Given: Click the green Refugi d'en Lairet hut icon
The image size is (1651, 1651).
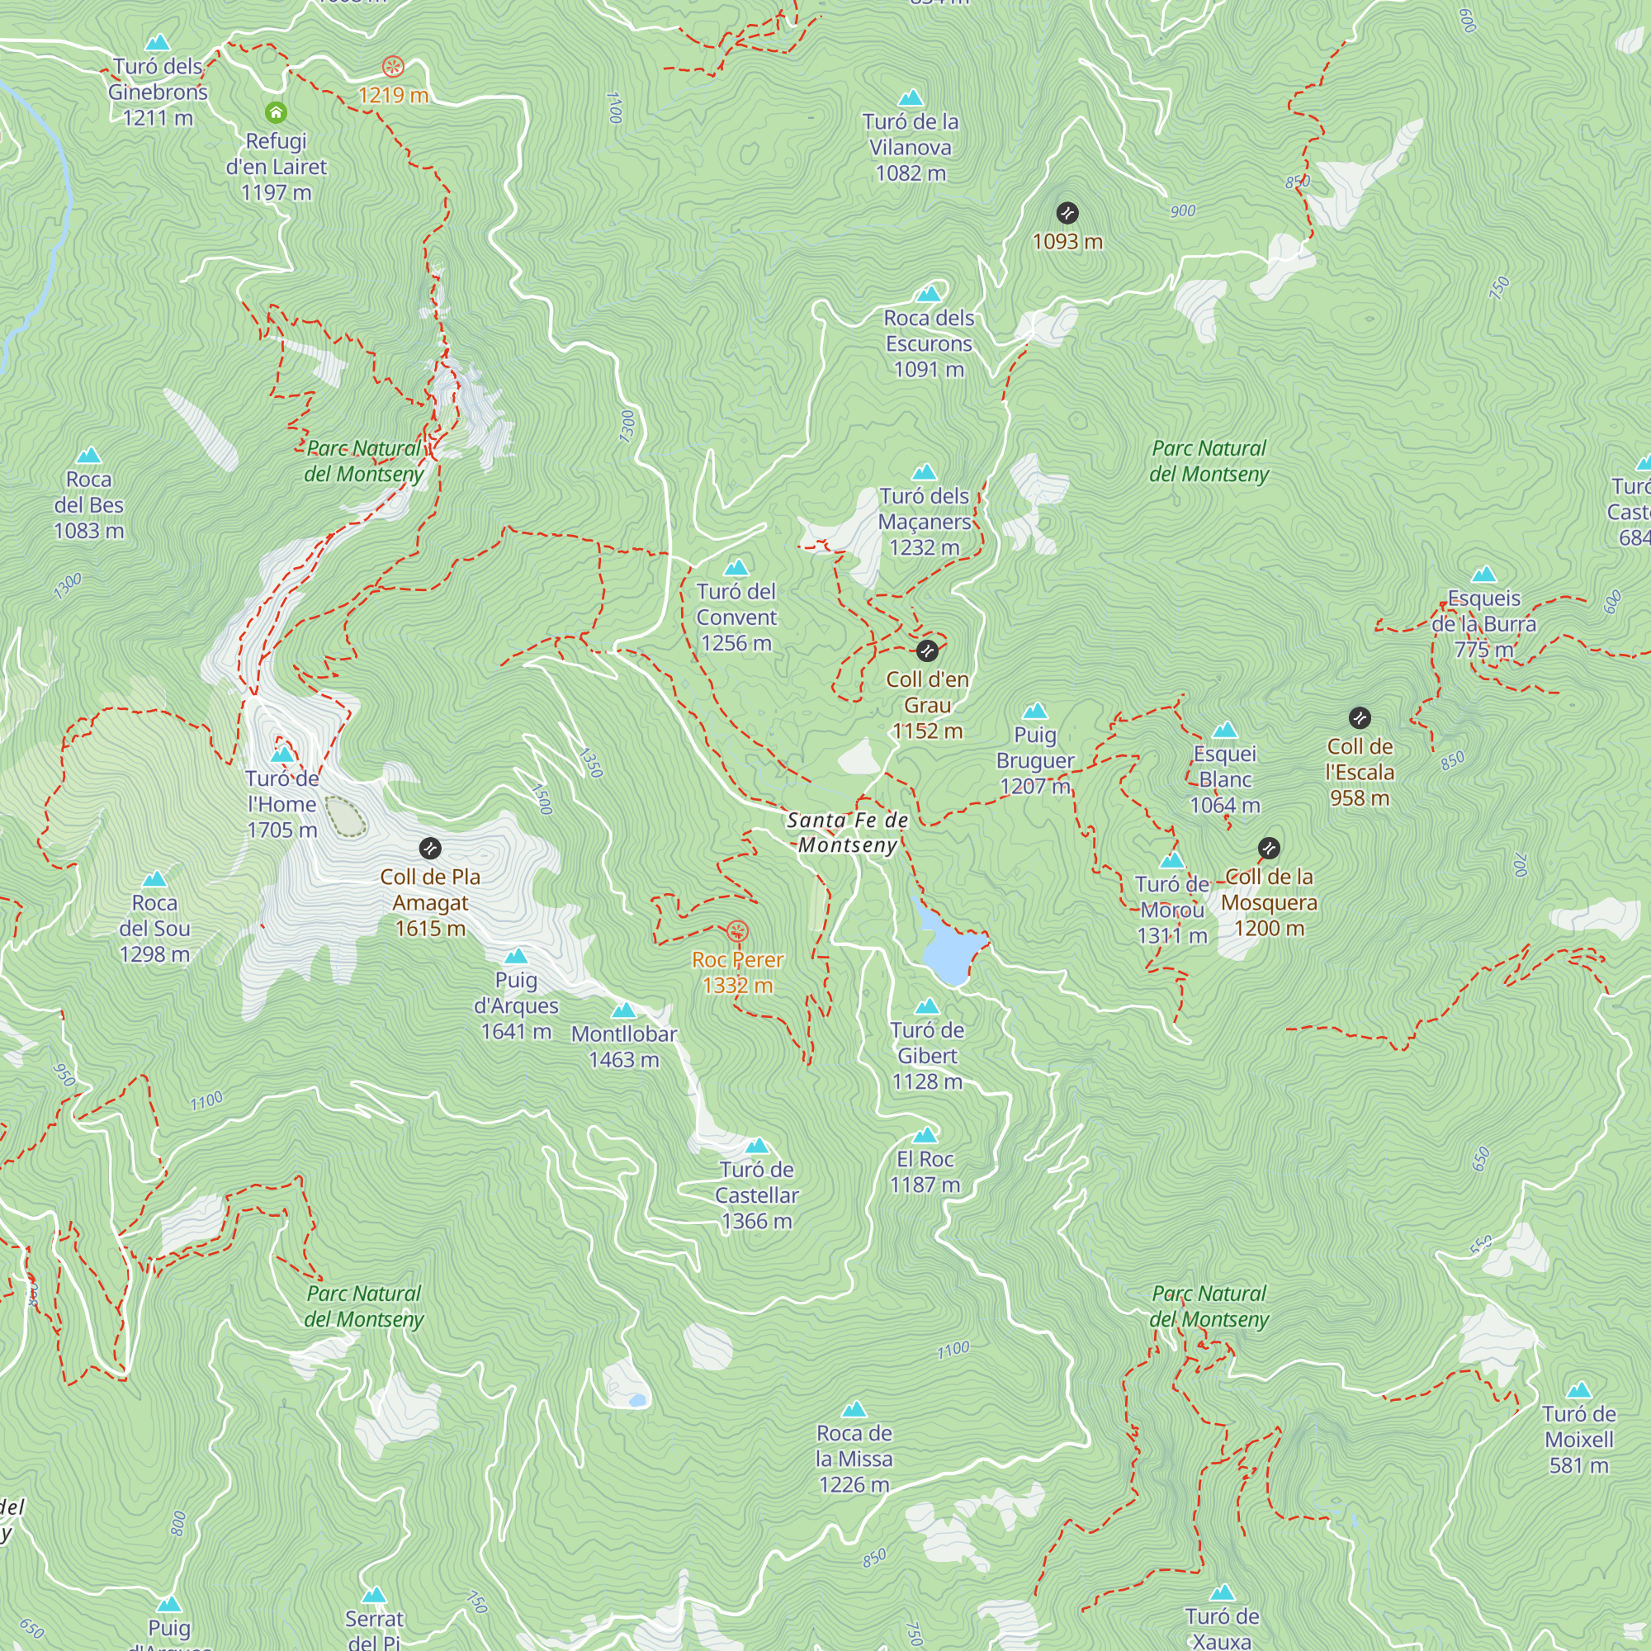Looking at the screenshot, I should [x=275, y=112].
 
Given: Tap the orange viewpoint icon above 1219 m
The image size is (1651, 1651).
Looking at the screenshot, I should [x=393, y=67].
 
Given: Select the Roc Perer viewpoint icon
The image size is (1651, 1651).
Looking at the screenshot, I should [x=736, y=930].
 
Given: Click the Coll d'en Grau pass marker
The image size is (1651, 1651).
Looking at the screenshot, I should [x=927, y=651].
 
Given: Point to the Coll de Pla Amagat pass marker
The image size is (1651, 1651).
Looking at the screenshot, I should [x=430, y=849].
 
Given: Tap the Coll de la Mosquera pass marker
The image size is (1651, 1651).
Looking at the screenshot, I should [x=1269, y=848].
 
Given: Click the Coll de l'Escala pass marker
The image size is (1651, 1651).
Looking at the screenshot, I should [x=1360, y=718].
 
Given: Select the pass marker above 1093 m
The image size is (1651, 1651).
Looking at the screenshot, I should [x=1067, y=213].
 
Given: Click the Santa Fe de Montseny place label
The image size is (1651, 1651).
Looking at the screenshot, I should [x=847, y=832].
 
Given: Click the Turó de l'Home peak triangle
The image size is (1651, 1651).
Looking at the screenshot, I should [x=282, y=755].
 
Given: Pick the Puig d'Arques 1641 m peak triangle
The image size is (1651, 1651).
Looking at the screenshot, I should [x=516, y=956].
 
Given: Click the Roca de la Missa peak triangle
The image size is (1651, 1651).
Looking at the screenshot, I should [x=854, y=1409].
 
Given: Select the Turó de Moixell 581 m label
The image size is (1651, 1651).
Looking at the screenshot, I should [x=1578, y=1439].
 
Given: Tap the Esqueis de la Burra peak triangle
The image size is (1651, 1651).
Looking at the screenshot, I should [x=1484, y=575].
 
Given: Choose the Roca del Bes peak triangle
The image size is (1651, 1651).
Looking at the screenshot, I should [x=89, y=456].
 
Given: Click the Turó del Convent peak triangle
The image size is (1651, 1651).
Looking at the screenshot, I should [x=736, y=567].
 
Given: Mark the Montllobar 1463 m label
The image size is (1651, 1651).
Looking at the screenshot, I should [x=624, y=1046].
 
